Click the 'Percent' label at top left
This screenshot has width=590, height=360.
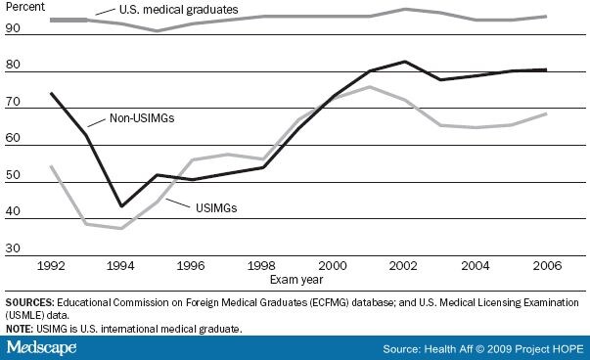26,7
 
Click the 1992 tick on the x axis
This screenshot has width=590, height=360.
51,263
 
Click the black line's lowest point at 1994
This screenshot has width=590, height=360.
121,206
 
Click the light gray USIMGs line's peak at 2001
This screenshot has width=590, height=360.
369,87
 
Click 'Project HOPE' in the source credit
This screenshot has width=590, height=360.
552,347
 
